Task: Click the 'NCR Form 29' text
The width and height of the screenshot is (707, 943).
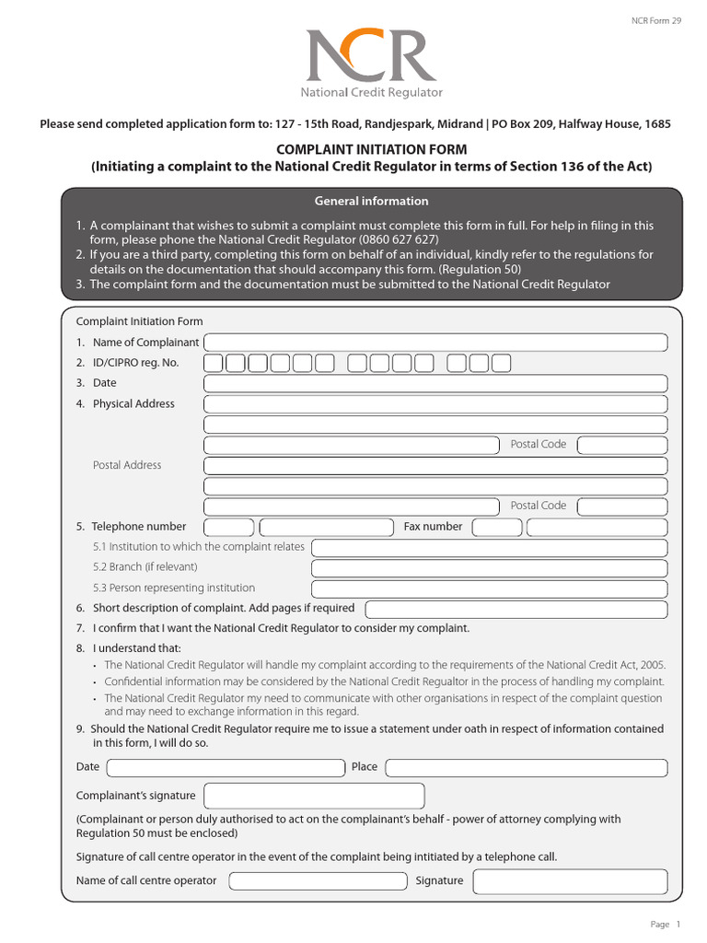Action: coord(655,19)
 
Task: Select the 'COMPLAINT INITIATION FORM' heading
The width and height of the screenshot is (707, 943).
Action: coord(371,149)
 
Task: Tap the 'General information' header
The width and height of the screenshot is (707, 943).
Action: coord(371,201)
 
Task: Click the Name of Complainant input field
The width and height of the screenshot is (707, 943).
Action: coord(435,343)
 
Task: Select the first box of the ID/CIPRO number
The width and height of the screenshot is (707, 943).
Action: coord(213,363)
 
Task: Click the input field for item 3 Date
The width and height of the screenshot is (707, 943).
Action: coord(435,383)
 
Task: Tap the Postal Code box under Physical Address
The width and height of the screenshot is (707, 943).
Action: coord(621,445)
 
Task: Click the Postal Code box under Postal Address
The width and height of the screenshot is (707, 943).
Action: coord(621,506)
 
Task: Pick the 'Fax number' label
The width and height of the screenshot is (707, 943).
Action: coord(433,527)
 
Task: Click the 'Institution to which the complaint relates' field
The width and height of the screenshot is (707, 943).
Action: coord(489,548)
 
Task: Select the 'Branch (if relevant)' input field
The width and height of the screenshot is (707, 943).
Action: coord(489,568)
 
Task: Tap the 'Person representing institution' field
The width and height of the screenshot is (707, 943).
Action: coord(489,588)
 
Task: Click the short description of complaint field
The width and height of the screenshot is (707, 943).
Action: coord(516,609)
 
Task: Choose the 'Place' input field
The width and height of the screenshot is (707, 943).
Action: coord(526,767)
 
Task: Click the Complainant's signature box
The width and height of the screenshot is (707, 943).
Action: coord(314,796)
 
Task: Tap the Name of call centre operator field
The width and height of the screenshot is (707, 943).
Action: coord(318,880)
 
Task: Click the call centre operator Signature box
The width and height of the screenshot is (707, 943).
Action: coord(571,881)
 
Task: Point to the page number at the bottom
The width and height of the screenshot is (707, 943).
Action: coord(666,925)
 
